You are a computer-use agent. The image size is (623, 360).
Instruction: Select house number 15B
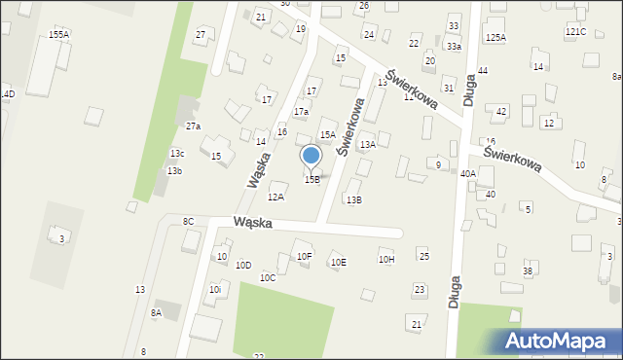pos(311,179)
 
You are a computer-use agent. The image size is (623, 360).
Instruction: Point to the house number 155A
pos(58,34)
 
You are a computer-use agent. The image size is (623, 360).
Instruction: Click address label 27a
pos(193,126)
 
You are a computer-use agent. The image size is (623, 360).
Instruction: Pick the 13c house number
pos(177,154)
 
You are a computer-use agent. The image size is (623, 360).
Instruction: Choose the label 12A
pos(275,197)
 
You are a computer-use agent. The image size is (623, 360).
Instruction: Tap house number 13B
pos(354,199)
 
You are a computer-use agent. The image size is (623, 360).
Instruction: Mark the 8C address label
pos(188,222)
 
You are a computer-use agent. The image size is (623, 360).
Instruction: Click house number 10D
pos(243,265)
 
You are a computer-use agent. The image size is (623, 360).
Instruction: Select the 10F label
pos(305,257)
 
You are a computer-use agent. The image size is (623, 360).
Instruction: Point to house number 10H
pos(386,259)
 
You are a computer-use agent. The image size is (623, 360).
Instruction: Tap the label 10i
pos(215,289)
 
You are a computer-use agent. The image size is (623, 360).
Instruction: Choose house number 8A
pos(156,312)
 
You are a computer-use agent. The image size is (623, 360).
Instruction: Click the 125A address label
pos(496,37)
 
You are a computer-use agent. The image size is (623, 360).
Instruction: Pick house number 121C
pos(575,31)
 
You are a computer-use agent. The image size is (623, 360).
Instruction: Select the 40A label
pos(467,173)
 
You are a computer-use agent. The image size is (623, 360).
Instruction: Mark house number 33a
pos(454,46)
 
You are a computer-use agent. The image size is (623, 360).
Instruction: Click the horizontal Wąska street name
pos(252,223)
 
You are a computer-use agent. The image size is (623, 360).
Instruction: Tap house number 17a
pos(302,112)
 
